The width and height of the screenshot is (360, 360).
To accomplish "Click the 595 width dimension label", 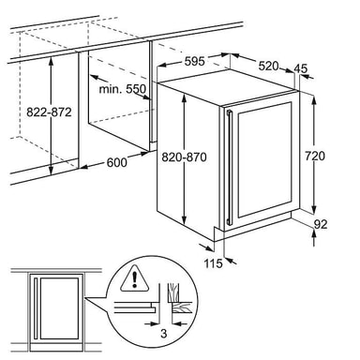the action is [x=194, y=62].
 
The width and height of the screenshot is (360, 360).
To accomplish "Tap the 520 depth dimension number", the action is [x=269, y=66].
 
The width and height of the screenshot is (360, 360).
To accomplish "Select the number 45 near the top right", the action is [x=301, y=68].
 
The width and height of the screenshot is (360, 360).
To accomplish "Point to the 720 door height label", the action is [x=315, y=156].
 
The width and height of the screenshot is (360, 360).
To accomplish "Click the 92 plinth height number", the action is [x=320, y=224].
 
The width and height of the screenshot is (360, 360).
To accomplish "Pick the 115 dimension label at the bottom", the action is [x=214, y=263].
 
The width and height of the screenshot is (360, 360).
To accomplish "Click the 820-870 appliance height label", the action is [x=184, y=157].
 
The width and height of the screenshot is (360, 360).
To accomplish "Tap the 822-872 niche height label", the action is [x=49, y=112].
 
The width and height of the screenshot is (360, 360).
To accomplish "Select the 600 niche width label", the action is [x=117, y=162].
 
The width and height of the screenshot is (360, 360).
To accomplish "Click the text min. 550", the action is [x=122, y=89].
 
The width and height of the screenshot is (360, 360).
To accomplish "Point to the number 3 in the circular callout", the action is [x=163, y=334].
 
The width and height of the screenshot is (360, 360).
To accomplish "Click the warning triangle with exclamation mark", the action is [x=135, y=278].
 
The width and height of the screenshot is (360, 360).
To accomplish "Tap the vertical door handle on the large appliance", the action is [x=230, y=168].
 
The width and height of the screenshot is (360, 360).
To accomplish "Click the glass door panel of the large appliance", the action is [x=264, y=159].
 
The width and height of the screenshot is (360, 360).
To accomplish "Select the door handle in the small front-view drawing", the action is [x=37, y=307].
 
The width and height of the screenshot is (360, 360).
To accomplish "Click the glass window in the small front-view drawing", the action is [x=59, y=308].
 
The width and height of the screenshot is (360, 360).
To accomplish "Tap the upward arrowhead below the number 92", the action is [x=314, y=232].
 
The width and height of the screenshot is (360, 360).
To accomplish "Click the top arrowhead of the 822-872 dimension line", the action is [x=52, y=62].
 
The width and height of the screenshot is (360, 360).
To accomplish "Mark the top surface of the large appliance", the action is [x=227, y=82].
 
